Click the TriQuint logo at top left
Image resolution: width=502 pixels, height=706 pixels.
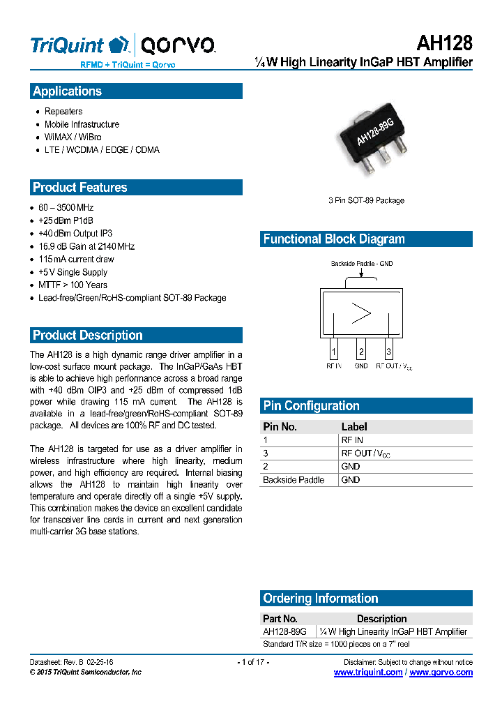79,46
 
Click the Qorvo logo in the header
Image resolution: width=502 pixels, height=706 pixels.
178,46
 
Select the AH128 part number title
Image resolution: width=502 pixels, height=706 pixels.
444,43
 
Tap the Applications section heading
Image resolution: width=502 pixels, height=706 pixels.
67,91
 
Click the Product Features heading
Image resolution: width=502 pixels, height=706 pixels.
80,188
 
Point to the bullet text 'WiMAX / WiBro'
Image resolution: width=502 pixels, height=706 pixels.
73,137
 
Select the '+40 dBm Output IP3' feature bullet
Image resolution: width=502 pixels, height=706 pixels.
75,234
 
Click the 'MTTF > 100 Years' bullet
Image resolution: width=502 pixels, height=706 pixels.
73,285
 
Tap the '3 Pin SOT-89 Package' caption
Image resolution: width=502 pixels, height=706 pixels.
366,201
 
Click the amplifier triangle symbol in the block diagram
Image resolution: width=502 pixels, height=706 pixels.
361,313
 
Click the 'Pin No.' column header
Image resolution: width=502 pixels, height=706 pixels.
280,426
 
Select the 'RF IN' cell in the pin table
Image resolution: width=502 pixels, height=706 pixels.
351,440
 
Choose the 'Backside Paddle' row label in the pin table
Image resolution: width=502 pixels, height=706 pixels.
294,480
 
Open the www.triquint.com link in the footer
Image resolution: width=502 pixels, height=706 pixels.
368,673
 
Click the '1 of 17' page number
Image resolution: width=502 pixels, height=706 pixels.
253,661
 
